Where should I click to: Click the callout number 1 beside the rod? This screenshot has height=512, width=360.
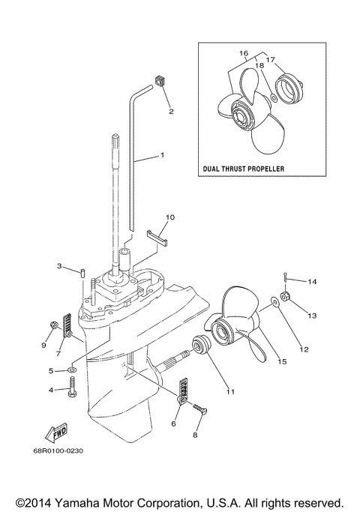tap(160, 155)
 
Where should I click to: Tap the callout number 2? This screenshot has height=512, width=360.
tap(170, 112)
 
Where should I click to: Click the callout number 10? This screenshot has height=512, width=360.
tap(169, 217)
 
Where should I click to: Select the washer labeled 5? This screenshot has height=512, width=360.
tap(72, 370)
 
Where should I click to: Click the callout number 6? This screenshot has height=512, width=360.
tap(174, 423)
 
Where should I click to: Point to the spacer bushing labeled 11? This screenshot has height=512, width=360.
tap(202, 348)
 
